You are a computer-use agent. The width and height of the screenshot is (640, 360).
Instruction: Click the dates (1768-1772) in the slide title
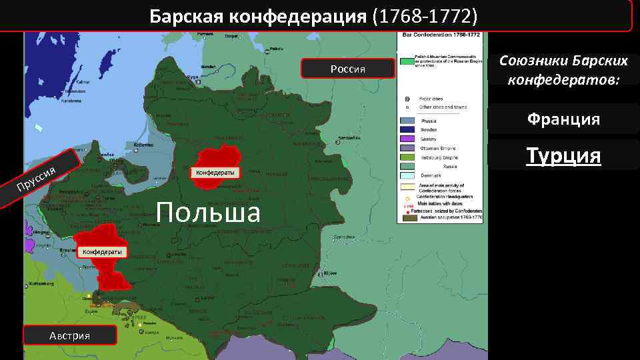coord(427,15)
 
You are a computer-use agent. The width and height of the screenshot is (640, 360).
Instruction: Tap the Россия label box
coord(347,69)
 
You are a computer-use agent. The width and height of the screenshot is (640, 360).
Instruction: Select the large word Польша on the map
coord(207,213)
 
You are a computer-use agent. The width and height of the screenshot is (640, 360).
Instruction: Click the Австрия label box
coord(69,335)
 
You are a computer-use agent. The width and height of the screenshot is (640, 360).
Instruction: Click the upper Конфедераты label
coord(213,173)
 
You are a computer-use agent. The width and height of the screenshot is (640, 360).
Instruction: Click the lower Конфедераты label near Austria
coord(101,252)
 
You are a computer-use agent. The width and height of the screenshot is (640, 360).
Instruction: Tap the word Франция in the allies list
coord(563,119)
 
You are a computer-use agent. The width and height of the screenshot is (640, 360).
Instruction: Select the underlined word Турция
coord(563,155)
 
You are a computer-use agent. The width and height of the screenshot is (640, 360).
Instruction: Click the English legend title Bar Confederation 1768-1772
coord(439,34)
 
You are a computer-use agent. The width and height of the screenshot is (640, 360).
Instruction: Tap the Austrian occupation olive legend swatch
coord(407,217)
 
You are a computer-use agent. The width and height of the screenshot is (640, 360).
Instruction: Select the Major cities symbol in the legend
coord(407,99)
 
